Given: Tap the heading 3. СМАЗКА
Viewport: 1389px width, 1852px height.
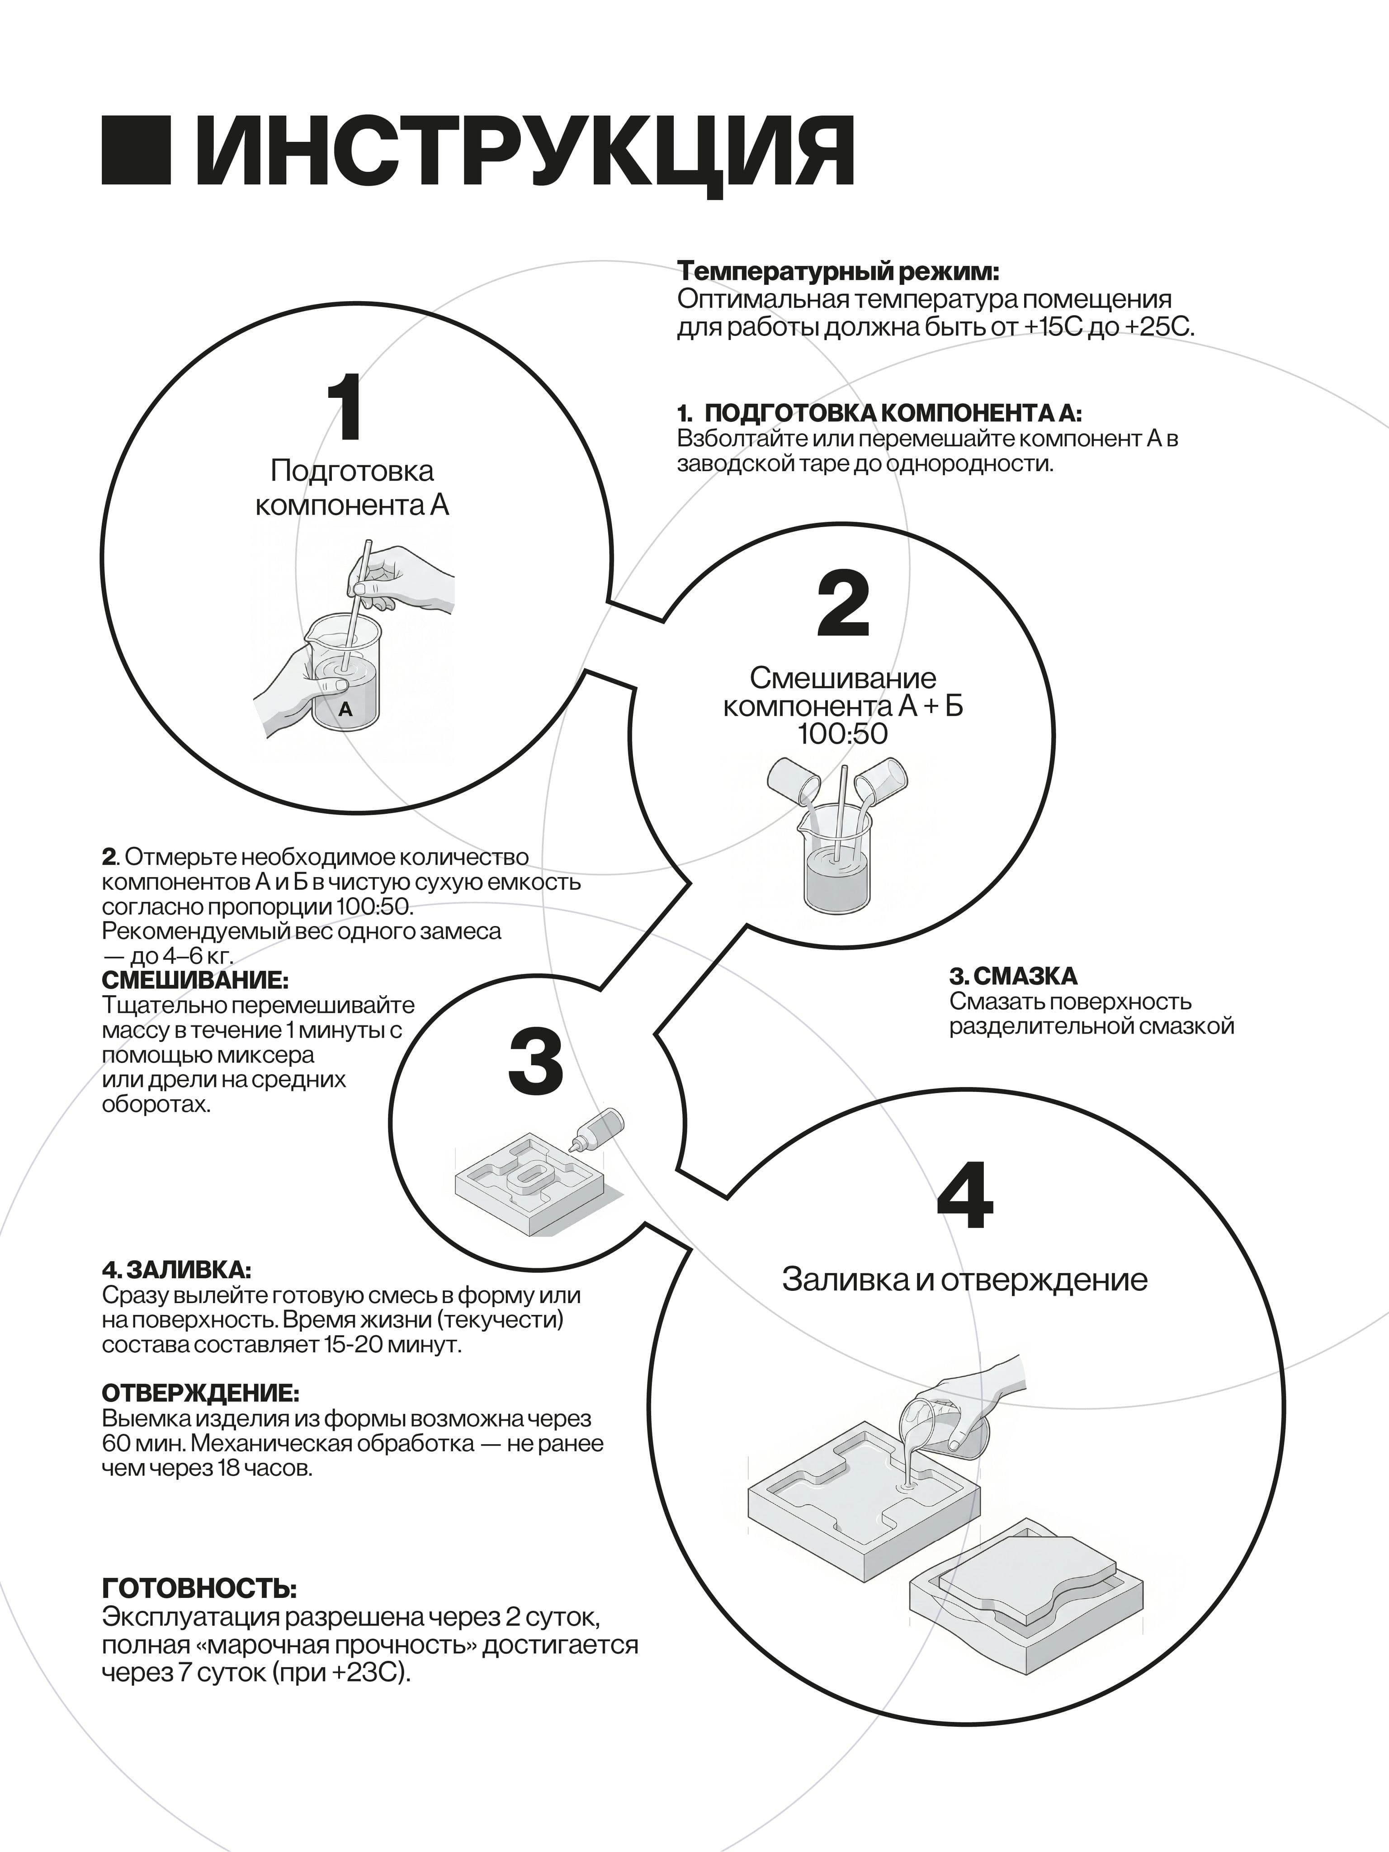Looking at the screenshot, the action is [1013, 976].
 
